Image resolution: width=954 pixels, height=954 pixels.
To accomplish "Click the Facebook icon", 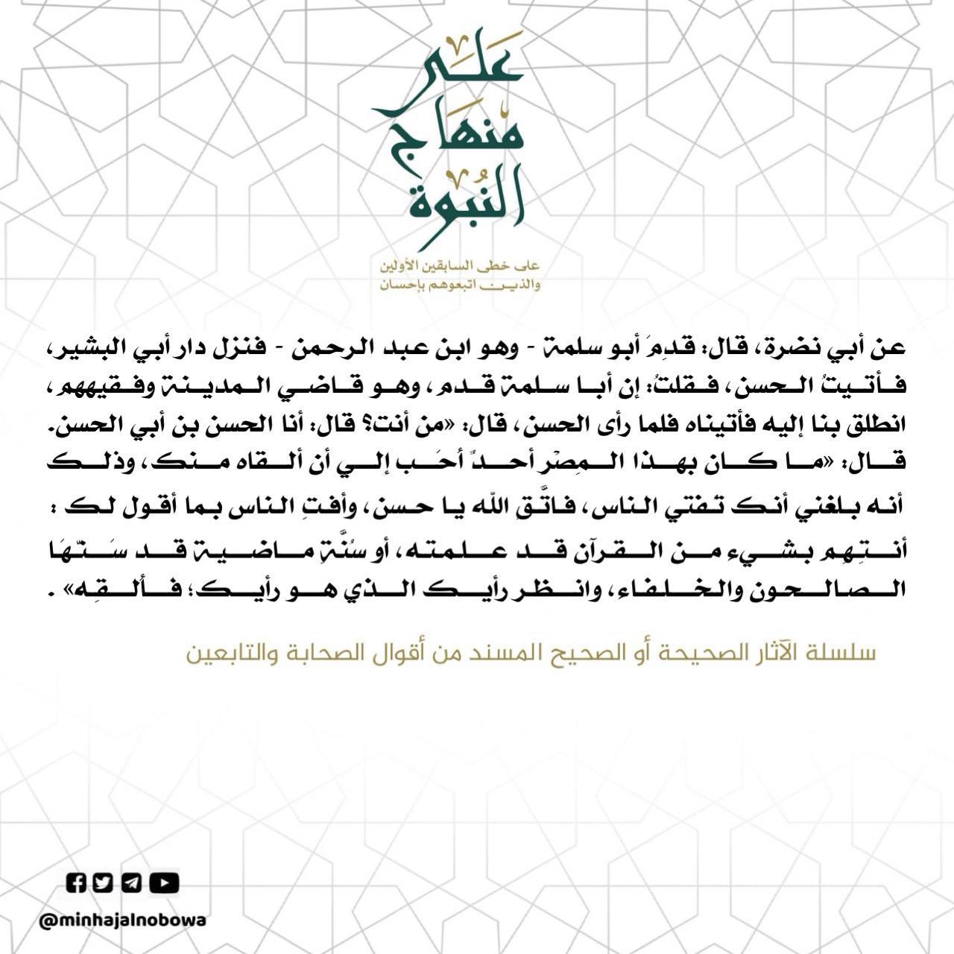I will coord(77,883).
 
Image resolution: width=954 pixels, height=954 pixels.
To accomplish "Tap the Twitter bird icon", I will coord(104,883).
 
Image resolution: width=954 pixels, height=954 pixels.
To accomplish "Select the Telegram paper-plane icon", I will coord(131,883).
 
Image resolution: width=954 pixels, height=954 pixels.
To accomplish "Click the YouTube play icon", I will coord(164,883).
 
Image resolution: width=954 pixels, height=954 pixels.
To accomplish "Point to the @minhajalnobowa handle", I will coord(123,920).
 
